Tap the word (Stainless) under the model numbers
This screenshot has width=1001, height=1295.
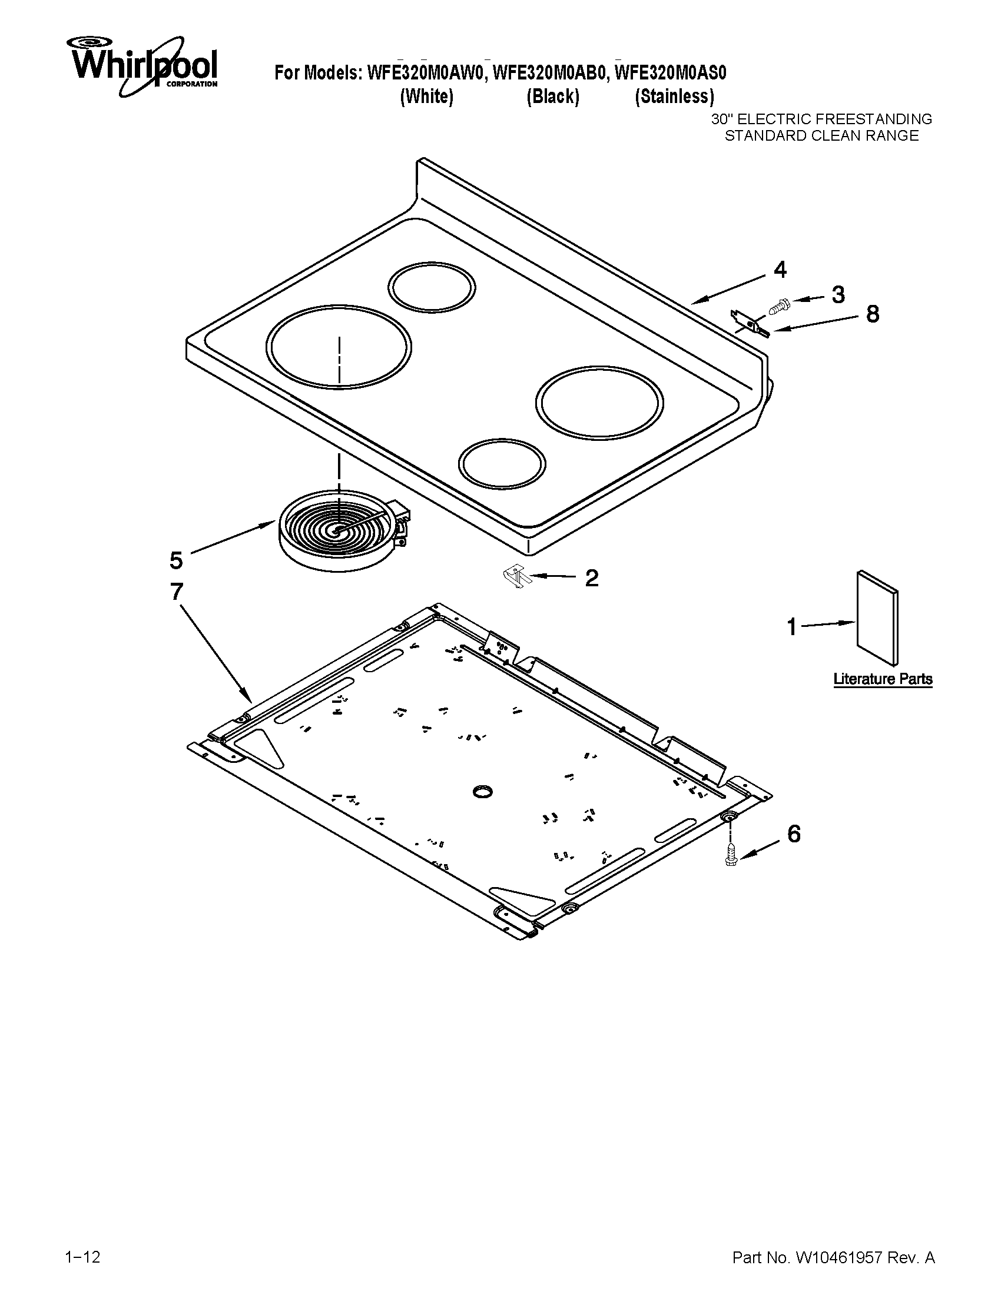click(x=674, y=97)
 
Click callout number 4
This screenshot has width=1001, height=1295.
click(x=780, y=270)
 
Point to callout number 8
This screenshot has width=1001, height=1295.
click(x=872, y=314)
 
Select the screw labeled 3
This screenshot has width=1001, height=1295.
click(x=777, y=307)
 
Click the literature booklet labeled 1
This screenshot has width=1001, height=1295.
click(x=877, y=619)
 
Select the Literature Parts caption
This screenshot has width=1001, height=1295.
click(x=883, y=679)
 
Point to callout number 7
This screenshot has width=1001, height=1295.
click(x=177, y=592)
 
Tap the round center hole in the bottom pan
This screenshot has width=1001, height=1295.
click(x=482, y=791)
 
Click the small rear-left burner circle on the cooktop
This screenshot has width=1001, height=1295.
click(x=432, y=288)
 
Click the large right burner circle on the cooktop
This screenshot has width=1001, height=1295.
click(x=599, y=403)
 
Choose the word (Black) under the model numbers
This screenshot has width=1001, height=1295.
click(x=553, y=97)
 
